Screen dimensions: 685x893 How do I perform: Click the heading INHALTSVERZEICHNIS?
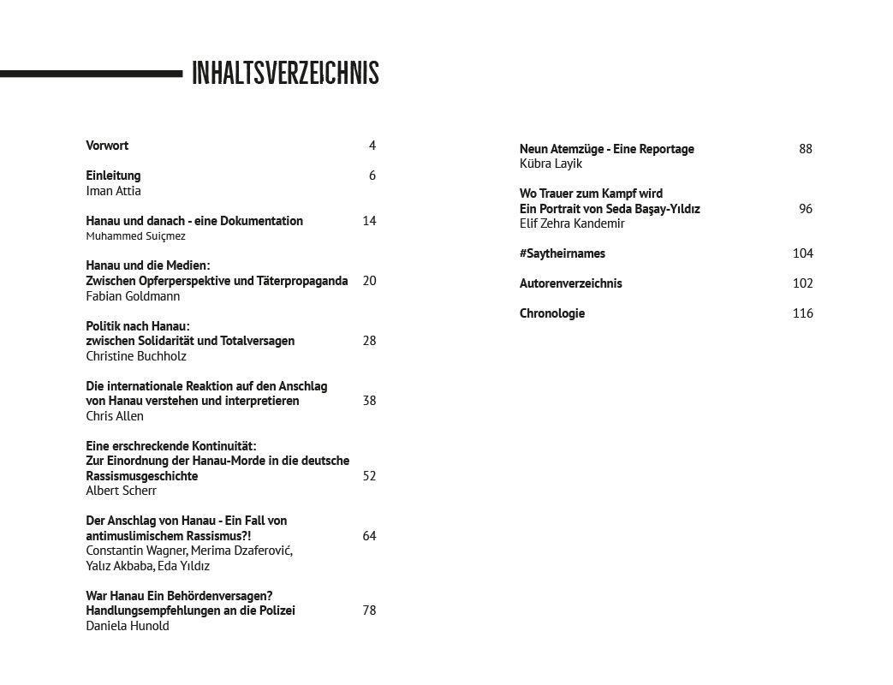[285, 74]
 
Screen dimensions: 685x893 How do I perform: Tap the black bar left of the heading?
[91, 74]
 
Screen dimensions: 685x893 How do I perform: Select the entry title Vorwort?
[107, 146]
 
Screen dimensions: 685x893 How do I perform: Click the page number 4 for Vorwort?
[372, 146]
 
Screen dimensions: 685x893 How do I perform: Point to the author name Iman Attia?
[113, 191]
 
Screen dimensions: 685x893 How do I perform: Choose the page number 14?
[369, 221]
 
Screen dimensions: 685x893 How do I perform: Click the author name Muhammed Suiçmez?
[135, 236]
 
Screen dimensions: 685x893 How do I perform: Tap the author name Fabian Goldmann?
[133, 296]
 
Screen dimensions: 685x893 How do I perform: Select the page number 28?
[369, 341]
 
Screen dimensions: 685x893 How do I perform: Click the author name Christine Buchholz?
[135, 356]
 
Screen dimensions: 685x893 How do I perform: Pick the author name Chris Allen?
[115, 416]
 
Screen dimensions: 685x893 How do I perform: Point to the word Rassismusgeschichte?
[141, 476]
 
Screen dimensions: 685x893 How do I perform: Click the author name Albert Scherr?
[121, 491]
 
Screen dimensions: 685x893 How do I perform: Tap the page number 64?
[369, 536]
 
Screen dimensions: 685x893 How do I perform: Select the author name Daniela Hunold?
[128, 626]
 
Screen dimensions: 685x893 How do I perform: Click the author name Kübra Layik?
[551, 164]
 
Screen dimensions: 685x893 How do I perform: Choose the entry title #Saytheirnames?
[562, 253]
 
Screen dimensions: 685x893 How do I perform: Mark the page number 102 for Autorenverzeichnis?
[802, 283]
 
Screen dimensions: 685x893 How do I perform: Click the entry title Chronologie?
[552, 313]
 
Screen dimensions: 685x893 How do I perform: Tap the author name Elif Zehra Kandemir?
[572, 223]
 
